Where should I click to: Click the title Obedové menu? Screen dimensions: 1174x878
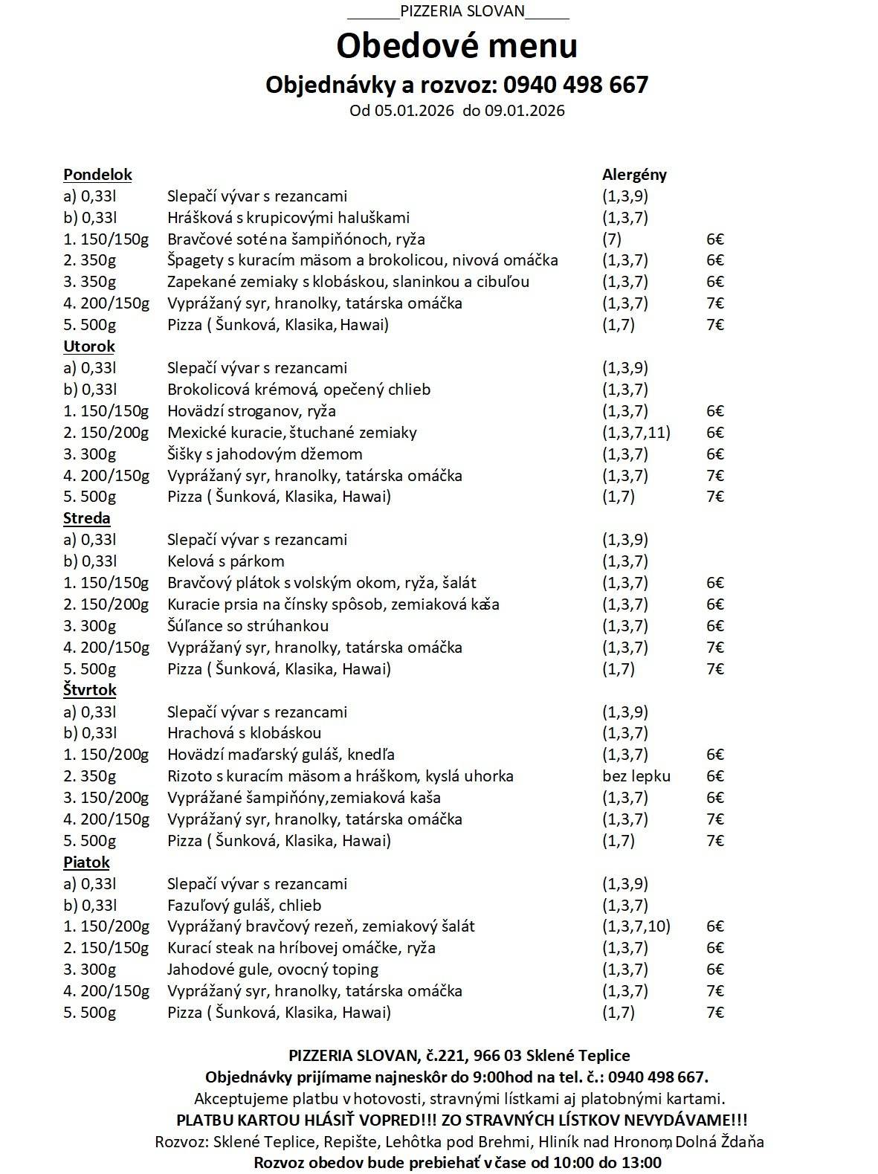point(456,46)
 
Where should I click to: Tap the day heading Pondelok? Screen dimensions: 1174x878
point(97,175)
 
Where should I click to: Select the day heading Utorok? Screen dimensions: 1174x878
point(89,346)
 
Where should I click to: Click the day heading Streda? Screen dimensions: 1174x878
point(87,518)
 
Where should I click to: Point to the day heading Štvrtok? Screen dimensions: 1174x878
point(90,690)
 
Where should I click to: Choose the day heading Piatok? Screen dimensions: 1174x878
point(86,862)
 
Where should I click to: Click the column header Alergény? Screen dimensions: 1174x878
point(634,175)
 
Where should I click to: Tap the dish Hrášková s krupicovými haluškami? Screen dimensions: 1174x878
point(288,218)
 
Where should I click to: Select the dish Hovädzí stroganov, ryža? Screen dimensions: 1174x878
point(251,411)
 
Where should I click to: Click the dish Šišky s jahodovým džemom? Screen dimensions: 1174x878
point(265,454)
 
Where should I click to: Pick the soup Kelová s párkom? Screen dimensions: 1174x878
point(225,561)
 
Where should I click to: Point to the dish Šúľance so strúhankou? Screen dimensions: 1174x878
point(248,626)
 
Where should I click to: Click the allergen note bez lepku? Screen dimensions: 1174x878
point(636,776)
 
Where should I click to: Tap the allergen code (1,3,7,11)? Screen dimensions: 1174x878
point(636,433)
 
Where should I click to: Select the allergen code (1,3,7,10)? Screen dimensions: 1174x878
point(636,926)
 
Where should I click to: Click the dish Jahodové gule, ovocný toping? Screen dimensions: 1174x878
point(273,970)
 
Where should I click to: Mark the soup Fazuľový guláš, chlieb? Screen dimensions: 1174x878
point(244,906)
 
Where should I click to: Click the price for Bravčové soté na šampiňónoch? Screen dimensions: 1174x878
point(715,239)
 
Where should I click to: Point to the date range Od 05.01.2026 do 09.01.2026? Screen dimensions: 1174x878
point(456,111)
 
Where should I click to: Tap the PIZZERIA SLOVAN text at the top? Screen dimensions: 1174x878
point(461,11)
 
